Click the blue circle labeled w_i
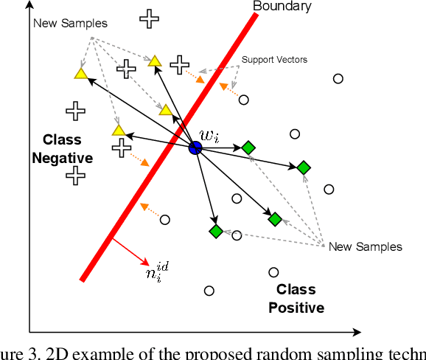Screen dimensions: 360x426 click(x=195, y=148)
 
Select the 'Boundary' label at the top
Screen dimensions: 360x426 click(x=282, y=7)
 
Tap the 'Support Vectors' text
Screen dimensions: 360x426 click(x=274, y=59)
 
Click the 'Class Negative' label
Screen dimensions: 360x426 click(x=62, y=148)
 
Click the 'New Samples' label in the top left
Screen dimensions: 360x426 click(x=70, y=23)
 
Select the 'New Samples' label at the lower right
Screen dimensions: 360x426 click(x=366, y=246)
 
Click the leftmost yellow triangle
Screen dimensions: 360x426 click(x=80, y=73)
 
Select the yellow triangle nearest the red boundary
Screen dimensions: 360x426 click(x=166, y=111)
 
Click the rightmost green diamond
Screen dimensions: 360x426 click(x=304, y=168)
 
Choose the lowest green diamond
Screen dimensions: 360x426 click(x=215, y=231)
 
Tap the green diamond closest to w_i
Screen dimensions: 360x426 click(x=248, y=148)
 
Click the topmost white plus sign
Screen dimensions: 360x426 click(x=150, y=19)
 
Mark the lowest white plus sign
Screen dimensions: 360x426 click(x=74, y=175)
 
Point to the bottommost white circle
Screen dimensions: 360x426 click(x=209, y=291)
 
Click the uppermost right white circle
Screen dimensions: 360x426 click(x=338, y=79)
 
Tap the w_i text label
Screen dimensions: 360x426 click(x=209, y=136)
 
